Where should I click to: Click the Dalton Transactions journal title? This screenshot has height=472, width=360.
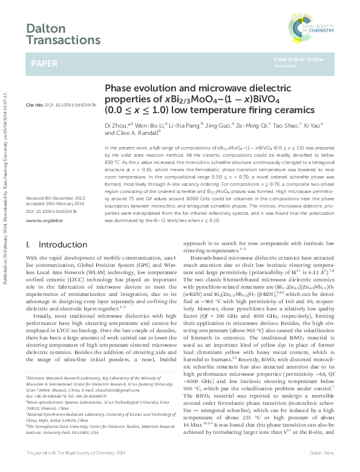[63, 34]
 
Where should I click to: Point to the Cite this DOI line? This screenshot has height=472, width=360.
[61, 105]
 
